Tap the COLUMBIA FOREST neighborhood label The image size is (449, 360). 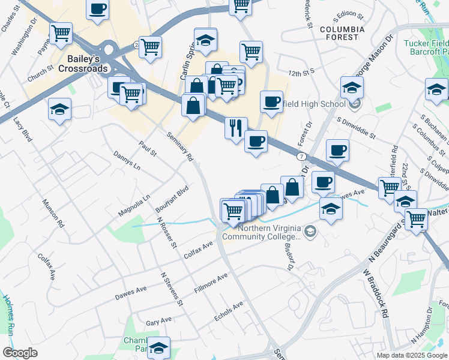click(x=342, y=33)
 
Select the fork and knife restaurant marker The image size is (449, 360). click(x=235, y=128)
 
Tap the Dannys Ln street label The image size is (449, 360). click(x=127, y=159)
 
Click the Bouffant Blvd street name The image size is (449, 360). click(x=173, y=196)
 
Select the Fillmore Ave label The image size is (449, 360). click(x=211, y=284)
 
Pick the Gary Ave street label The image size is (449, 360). click(x=158, y=322)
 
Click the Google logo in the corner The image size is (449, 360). click(x=19, y=353)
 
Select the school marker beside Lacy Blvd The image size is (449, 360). click(x=59, y=110)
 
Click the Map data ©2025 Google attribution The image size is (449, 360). click(x=411, y=355)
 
